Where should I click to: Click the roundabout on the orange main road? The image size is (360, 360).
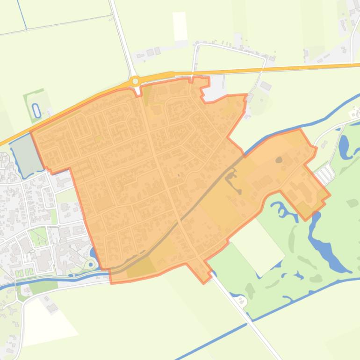tap(136, 81)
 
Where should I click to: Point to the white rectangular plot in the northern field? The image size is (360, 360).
tap(180, 26)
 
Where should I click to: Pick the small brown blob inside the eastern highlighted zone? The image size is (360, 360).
tap(279, 160)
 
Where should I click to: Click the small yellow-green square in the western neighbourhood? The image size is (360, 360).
tap(97, 138)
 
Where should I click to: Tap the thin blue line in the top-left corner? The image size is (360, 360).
tap(22, 14)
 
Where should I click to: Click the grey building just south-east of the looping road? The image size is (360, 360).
tap(266, 86)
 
